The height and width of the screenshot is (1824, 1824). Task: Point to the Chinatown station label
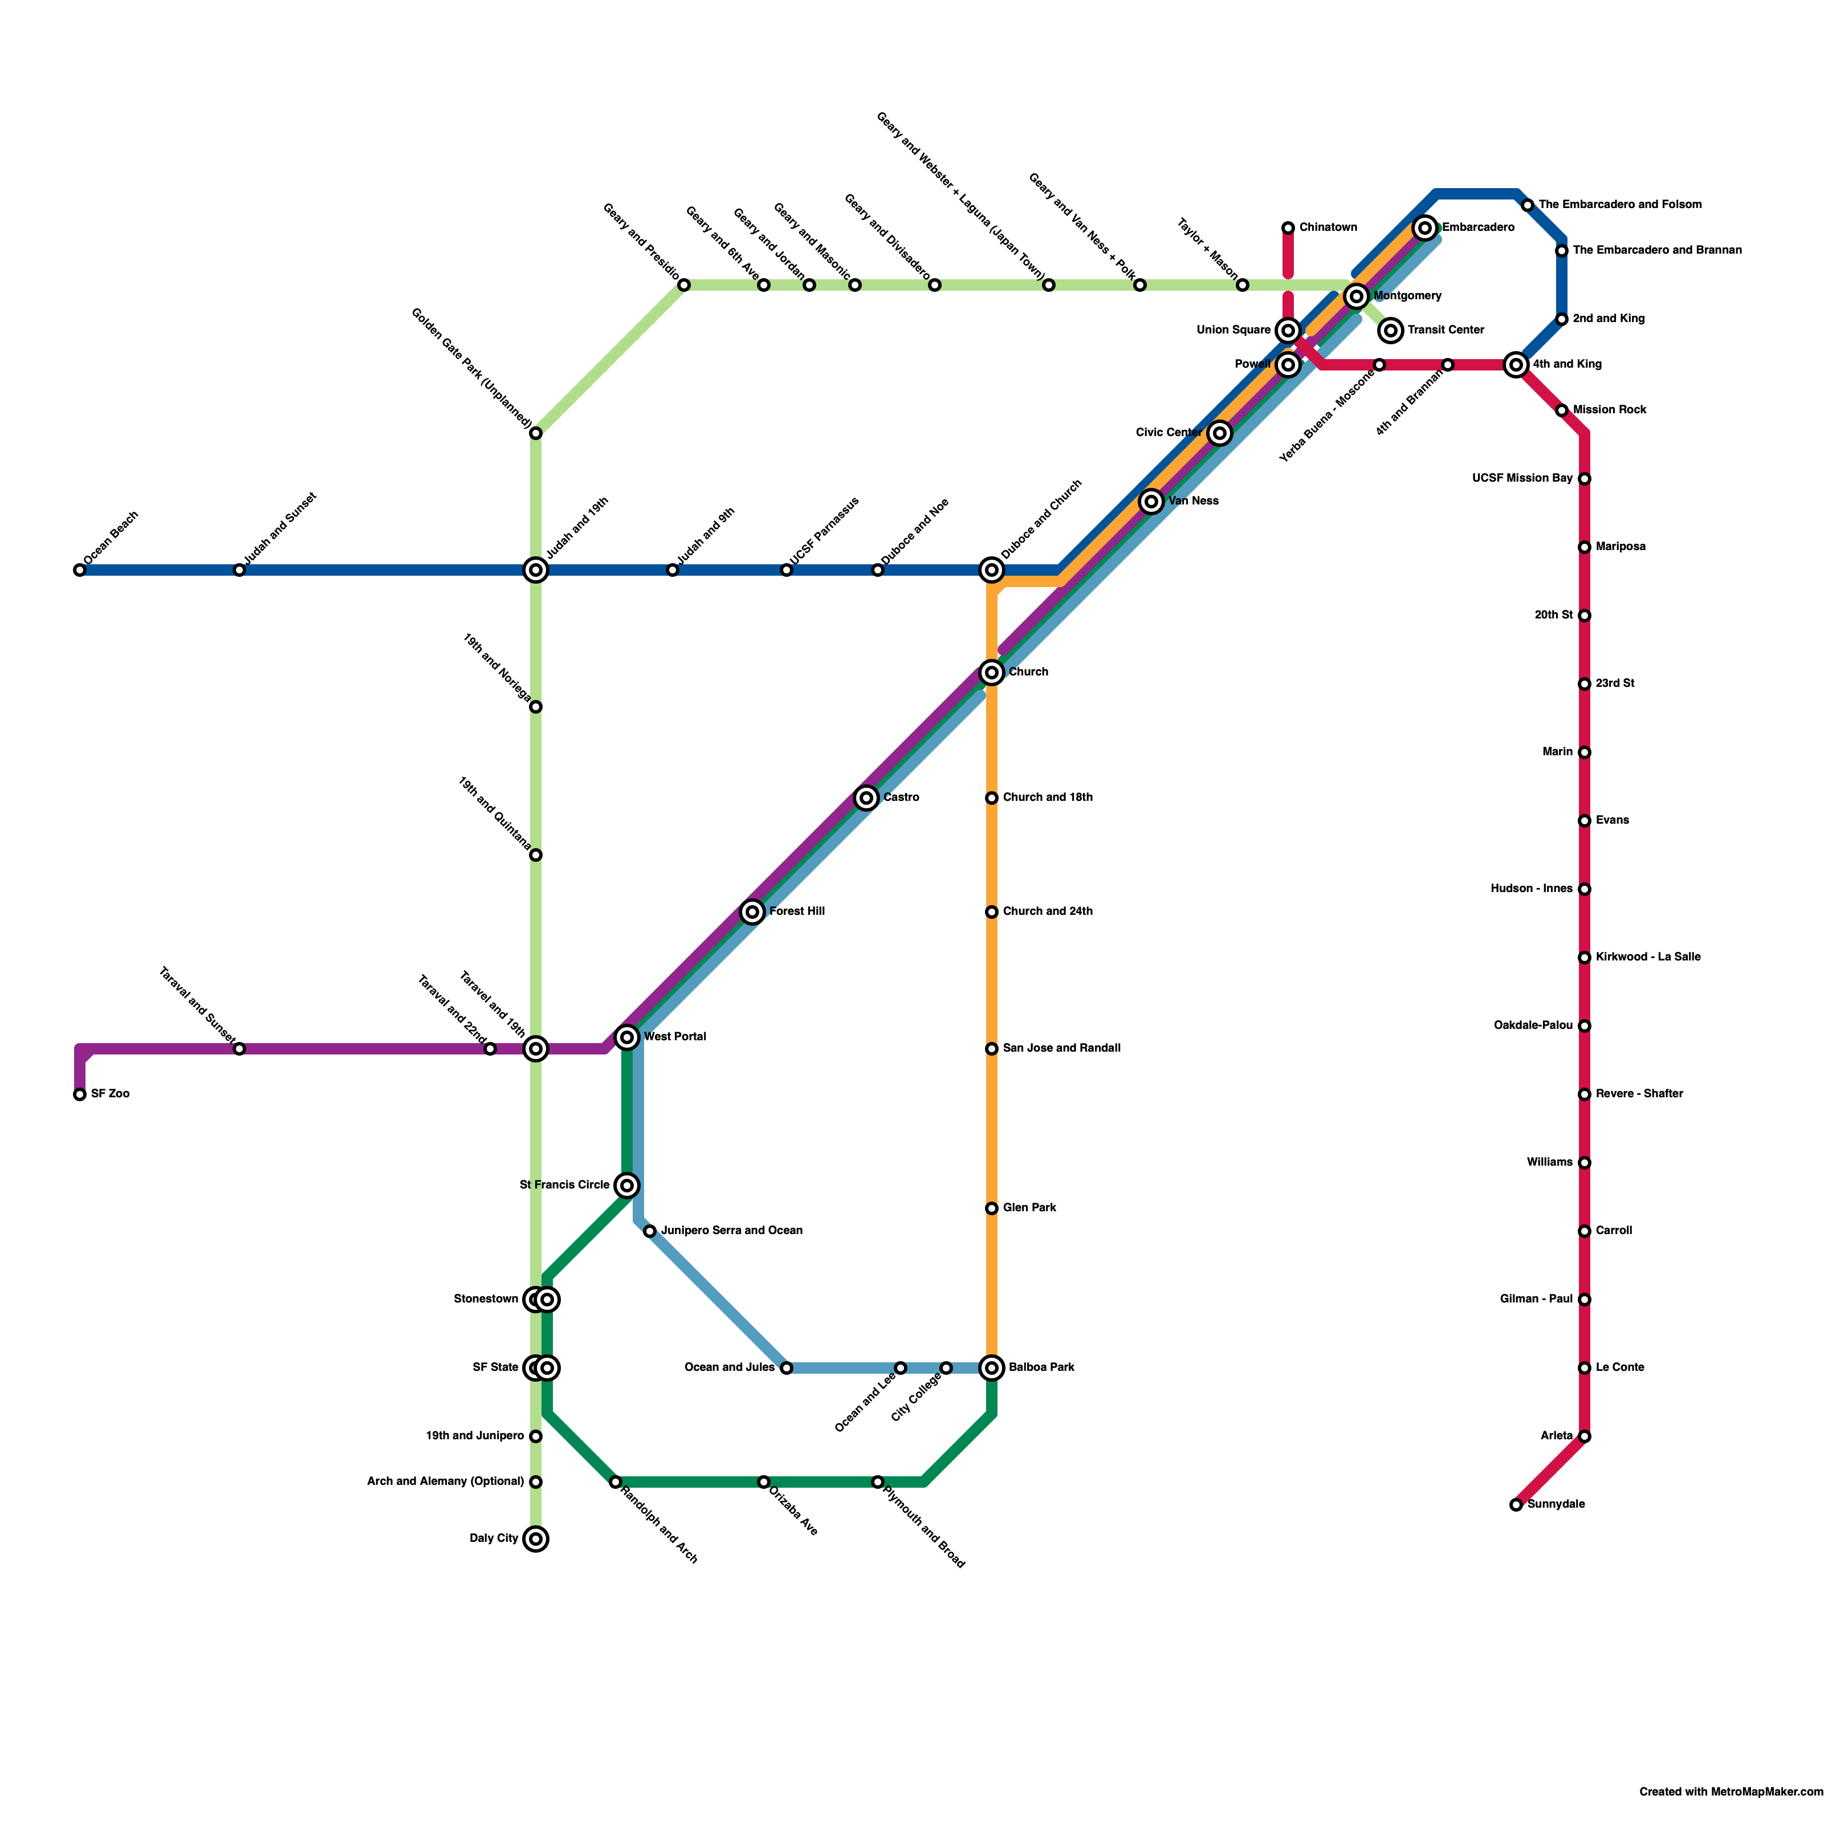(1328, 227)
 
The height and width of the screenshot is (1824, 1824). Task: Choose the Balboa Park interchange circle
(991, 1368)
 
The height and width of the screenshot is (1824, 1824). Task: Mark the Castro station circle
(866, 799)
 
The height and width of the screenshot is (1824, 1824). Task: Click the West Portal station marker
(627, 1037)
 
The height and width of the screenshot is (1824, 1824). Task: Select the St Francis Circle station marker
(627, 1185)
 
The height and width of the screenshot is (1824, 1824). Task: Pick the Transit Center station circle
(1391, 331)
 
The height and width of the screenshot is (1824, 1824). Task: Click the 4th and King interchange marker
(1516, 364)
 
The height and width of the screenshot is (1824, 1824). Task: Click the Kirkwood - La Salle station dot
(1584, 958)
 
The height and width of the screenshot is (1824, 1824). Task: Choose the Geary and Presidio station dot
(683, 285)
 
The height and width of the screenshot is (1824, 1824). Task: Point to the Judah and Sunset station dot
(240, 570)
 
